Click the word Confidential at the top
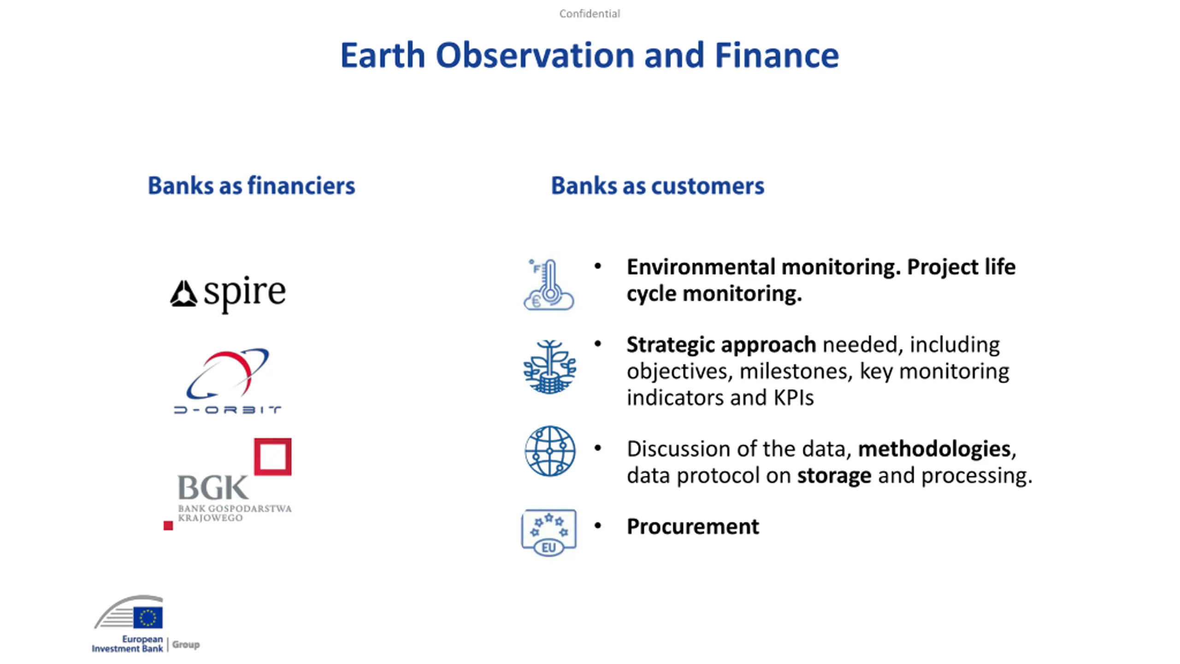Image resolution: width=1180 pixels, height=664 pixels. point(590,14)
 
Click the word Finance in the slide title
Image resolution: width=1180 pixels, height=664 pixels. point(777,55)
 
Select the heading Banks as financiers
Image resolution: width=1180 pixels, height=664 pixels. point(251,186)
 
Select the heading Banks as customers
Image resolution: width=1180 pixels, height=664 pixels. point(658,186)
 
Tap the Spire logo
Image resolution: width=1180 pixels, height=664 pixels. point(228,294)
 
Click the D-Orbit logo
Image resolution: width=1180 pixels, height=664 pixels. point(227,381)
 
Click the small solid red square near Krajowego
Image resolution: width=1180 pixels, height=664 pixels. point(168,526)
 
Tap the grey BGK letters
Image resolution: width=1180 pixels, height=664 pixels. point(213,487)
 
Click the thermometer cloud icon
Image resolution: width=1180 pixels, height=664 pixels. point(549,285)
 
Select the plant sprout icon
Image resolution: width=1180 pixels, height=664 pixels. point(549,367)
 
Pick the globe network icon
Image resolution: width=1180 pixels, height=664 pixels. point(550,451)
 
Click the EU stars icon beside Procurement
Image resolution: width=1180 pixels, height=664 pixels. point(549,533)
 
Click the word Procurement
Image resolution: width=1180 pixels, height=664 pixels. point(693,527)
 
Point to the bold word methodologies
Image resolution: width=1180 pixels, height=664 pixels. point(934,449)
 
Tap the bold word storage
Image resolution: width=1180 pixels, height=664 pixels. point(834,476)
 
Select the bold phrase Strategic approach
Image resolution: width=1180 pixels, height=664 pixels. point(721,345)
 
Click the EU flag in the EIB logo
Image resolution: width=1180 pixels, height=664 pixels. point(148,617)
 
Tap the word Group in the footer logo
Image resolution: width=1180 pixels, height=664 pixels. point(186,645)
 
